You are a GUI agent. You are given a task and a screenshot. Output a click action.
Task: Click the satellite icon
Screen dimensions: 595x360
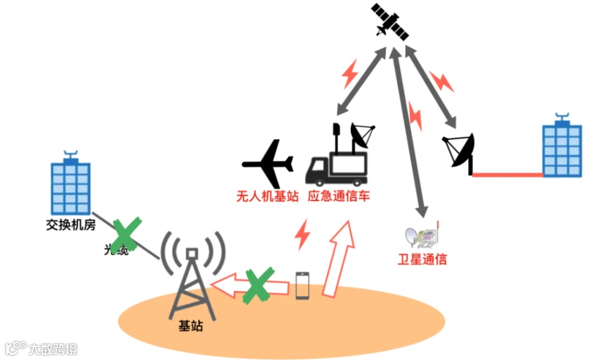click(390, 22)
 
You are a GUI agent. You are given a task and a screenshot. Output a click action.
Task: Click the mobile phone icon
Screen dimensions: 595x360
click(302, 285)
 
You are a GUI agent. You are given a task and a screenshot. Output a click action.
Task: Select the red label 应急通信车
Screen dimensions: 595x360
click(339, 197)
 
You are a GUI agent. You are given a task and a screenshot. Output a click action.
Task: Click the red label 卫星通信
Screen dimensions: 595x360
click(422, 259)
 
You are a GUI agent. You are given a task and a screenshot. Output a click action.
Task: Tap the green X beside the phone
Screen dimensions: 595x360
click(259, 285)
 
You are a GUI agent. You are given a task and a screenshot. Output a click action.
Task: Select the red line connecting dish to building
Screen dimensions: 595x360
click(506, 174)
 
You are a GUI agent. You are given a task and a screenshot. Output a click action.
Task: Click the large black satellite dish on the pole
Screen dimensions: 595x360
click(460, 151)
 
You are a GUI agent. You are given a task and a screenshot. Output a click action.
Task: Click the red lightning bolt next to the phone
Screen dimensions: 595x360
click(302, 234)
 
